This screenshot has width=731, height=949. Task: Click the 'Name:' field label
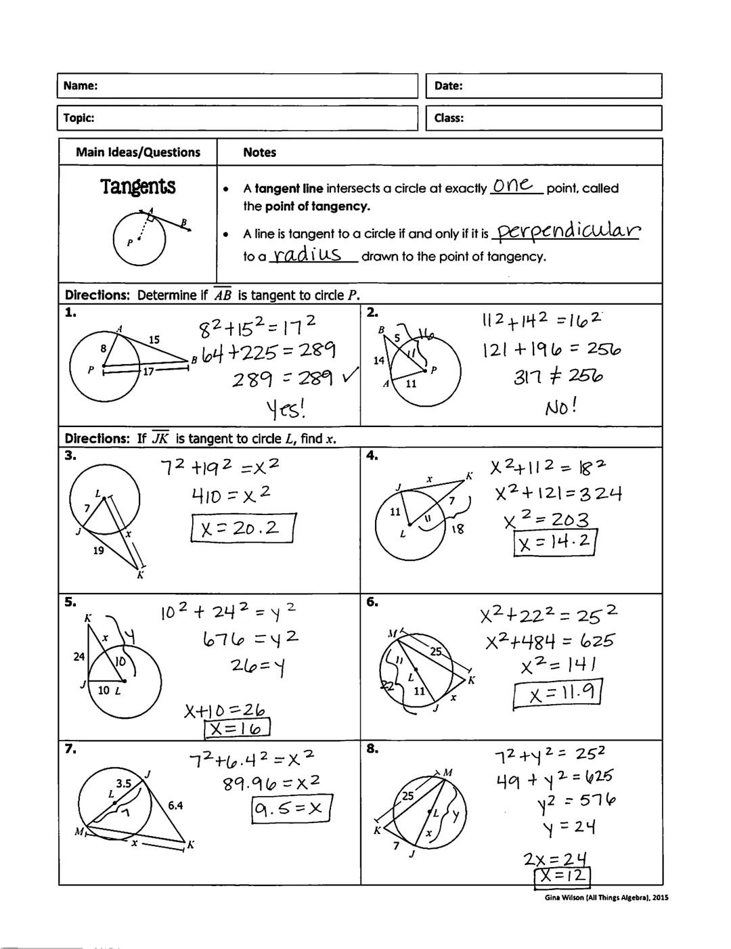pyautogui.click(x=81, y=86)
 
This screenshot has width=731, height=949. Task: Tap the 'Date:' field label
pyautogui.click(x=448, y=86)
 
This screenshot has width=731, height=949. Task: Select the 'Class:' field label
pyautogui.click(x=449, y=118)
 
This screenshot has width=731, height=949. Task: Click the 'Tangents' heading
pyautogui.click(x=138, y=187)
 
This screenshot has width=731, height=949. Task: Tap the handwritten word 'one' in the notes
pyautogui.click(x=513, y=185)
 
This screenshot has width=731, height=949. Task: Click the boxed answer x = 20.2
pyautogui.click(x=243, y=528)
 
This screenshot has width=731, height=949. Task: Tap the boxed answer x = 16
pyautogui.click(x=237, y=728)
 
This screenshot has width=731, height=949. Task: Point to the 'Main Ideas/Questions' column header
pyautogui.click(x=138, y=152)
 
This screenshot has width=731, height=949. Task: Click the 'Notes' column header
pyautogui.click(x=259, y=152)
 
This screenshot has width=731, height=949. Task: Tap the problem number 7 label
pyautogui.click(x=70, y=749)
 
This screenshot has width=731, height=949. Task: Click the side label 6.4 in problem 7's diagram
pyautogui.click(x=175, y=805)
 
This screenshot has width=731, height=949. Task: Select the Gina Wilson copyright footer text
pyautogui.click(x=606, y=898)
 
